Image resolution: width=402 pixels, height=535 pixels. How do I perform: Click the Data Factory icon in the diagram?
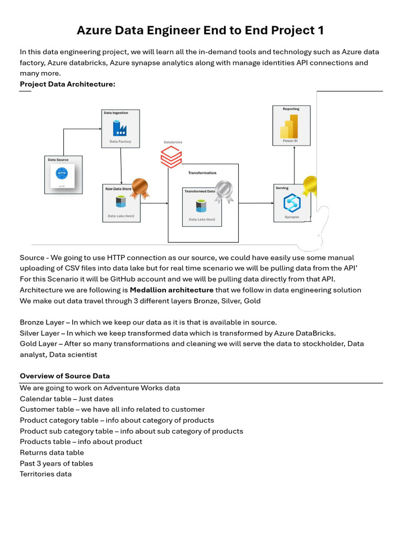(120, 127)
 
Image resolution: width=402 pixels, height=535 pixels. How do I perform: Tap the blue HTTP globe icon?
(62, 173)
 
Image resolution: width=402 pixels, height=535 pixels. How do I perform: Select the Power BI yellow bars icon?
(289, 126)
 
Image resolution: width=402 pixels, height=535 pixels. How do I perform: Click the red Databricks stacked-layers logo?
(171, 157)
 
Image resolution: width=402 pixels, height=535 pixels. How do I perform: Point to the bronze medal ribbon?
(140, 188)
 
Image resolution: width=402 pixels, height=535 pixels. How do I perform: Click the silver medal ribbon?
(224, 191)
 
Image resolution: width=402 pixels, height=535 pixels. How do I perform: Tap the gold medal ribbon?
(310, 185)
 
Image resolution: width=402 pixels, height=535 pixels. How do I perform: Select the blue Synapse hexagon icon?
(292, 203)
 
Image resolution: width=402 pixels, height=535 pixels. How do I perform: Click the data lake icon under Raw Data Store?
(121, 202)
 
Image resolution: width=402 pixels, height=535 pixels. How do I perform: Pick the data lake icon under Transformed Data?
(201, 206)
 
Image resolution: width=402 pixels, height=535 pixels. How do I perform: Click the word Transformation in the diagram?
(202, 173)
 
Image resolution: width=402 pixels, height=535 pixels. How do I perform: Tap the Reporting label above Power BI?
(291, 109)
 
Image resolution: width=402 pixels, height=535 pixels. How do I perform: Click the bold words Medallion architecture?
(172, 290)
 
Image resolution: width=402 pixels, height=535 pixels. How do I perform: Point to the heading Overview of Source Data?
(65, 376)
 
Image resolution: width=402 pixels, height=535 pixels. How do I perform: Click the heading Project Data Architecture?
(68, 84)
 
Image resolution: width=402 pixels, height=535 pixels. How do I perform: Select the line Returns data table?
(52, 452)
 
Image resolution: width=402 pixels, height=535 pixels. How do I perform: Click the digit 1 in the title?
(320, 30)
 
